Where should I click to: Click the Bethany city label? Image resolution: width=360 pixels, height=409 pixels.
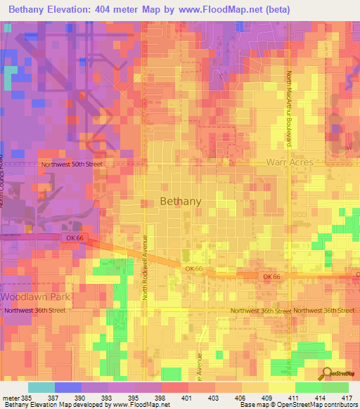181,201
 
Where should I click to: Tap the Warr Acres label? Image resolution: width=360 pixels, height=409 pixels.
289,162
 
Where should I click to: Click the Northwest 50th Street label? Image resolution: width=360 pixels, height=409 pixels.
72,164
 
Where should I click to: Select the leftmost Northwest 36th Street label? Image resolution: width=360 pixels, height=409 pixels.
34,311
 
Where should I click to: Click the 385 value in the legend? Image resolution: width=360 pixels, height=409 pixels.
25,397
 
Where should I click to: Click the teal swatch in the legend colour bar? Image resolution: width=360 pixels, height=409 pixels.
41,387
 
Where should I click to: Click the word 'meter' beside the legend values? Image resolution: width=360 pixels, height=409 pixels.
10,397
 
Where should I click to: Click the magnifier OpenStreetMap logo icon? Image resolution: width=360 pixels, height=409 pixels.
327,373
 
